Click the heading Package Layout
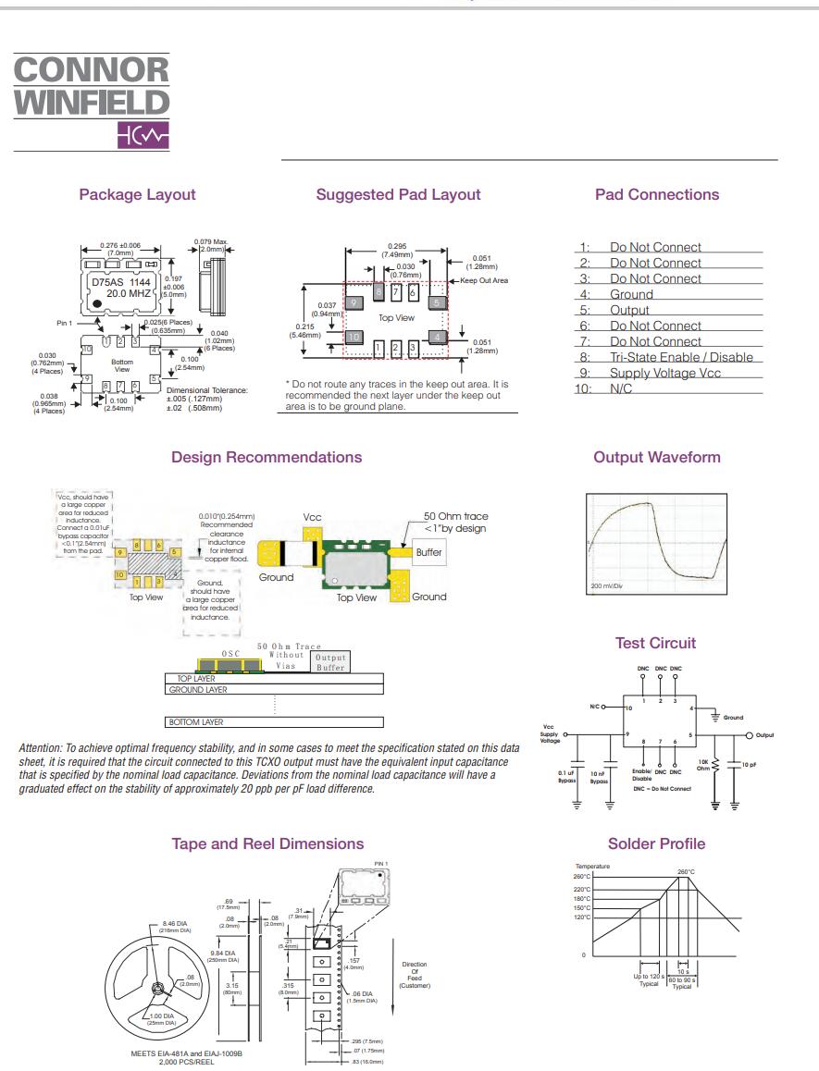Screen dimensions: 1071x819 point(137,194)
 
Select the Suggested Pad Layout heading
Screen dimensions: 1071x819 point(398,194)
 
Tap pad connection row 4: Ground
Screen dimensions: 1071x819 point(630,294)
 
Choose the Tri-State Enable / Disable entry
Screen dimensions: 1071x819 point(680,357)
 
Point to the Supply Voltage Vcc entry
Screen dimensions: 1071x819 point(664,373)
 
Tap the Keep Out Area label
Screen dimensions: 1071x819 point(484,280)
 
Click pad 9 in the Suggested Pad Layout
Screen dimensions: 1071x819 point(353,302)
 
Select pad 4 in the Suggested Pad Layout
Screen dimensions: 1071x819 point(438,337)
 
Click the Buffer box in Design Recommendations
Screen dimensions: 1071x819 point(428,552)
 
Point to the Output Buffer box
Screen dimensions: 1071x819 point(329,661)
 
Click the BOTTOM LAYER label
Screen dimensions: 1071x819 point(194,721)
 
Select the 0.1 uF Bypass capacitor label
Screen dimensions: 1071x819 point(565,777)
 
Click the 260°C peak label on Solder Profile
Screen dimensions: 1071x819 point(686,871)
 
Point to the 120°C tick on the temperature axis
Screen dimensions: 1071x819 point(581,917)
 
